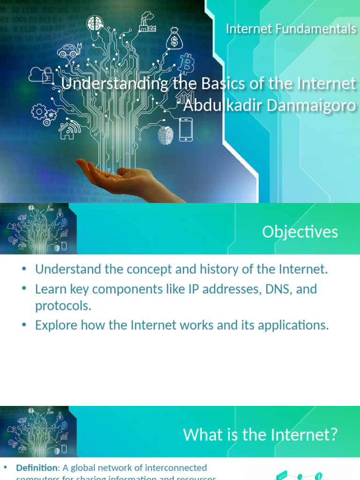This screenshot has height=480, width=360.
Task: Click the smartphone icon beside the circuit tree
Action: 186,129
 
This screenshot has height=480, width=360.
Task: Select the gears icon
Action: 44,114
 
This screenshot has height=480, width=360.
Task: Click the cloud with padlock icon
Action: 41,75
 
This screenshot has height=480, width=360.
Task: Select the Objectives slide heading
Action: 300,232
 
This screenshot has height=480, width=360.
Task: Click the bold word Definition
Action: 36,467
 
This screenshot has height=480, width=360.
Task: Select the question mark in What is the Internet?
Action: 332,435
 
